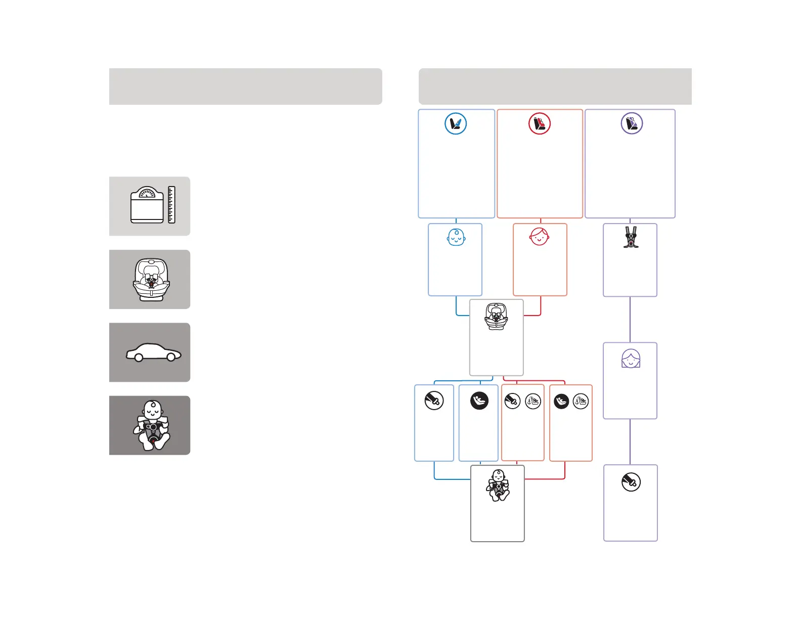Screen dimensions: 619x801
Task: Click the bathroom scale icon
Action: pos(147,205)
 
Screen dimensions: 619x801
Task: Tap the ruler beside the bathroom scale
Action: pos(171,205)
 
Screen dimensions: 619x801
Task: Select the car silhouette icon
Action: pos(153,352)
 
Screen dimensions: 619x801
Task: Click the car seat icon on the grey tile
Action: pos(151,280)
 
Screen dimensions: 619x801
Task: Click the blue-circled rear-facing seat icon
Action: pos(456,123)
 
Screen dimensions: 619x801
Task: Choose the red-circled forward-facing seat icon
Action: pos(540,123)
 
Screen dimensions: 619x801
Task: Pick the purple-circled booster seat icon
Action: pos(632,123)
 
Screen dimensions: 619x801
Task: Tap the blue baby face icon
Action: pos(456,237)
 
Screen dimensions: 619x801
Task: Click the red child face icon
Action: pos(540,236)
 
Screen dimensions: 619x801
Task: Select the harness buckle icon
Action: pos(630,237)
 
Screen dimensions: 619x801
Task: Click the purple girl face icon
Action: pos(631,359)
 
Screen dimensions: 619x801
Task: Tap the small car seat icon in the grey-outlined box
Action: pos(496,317)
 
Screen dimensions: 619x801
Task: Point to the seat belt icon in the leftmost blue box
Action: pos(434,401)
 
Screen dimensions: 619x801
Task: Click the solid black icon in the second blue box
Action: pos(479,401)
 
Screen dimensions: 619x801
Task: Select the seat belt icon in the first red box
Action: pos(513,402)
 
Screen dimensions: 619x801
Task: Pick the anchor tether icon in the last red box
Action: pos(581,402)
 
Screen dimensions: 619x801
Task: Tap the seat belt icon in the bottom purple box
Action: pos(631,482)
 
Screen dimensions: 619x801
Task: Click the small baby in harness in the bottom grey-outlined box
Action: pos(498,486)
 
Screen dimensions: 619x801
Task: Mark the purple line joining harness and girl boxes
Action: pos(630,320)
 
